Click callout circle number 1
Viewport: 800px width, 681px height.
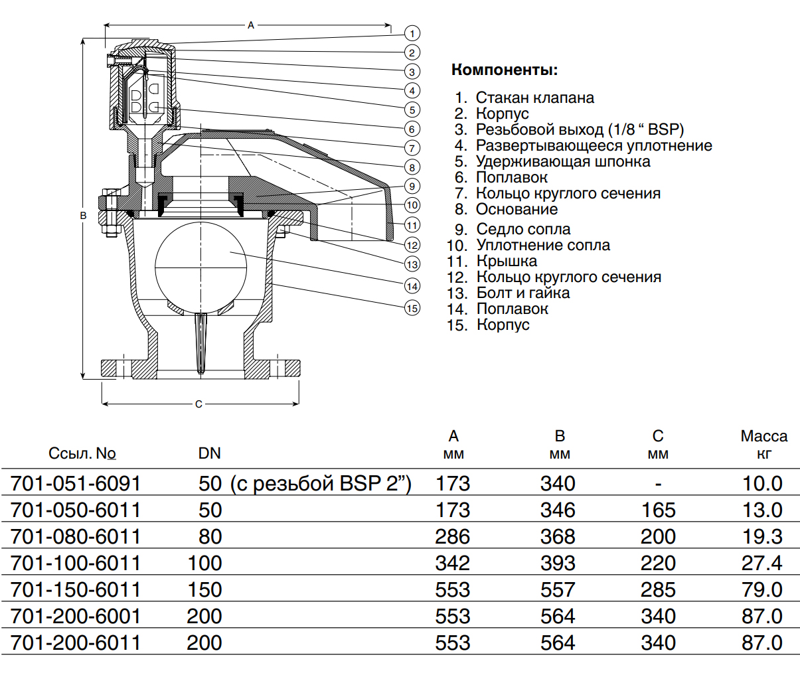412,33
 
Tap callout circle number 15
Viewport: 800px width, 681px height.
412,308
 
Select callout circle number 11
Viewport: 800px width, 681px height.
412,225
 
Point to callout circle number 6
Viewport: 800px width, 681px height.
412,129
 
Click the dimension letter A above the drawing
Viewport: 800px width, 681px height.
251,25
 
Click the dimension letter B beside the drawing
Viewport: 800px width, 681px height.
83,216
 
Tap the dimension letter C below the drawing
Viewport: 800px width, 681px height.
199,404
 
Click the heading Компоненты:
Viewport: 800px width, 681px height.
505,70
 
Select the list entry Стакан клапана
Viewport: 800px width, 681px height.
534,98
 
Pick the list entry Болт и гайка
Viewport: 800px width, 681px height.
522,293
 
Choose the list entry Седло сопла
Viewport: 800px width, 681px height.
523,229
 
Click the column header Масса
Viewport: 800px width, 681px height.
763,436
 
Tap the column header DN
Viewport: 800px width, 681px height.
209,453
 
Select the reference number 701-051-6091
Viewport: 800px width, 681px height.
76,483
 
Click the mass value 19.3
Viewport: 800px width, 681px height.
761,536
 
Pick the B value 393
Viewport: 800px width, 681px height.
558,563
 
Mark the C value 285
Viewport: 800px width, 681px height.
658,589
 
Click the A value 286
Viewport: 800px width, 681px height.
452,536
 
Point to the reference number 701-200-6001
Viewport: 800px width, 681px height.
76,616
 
